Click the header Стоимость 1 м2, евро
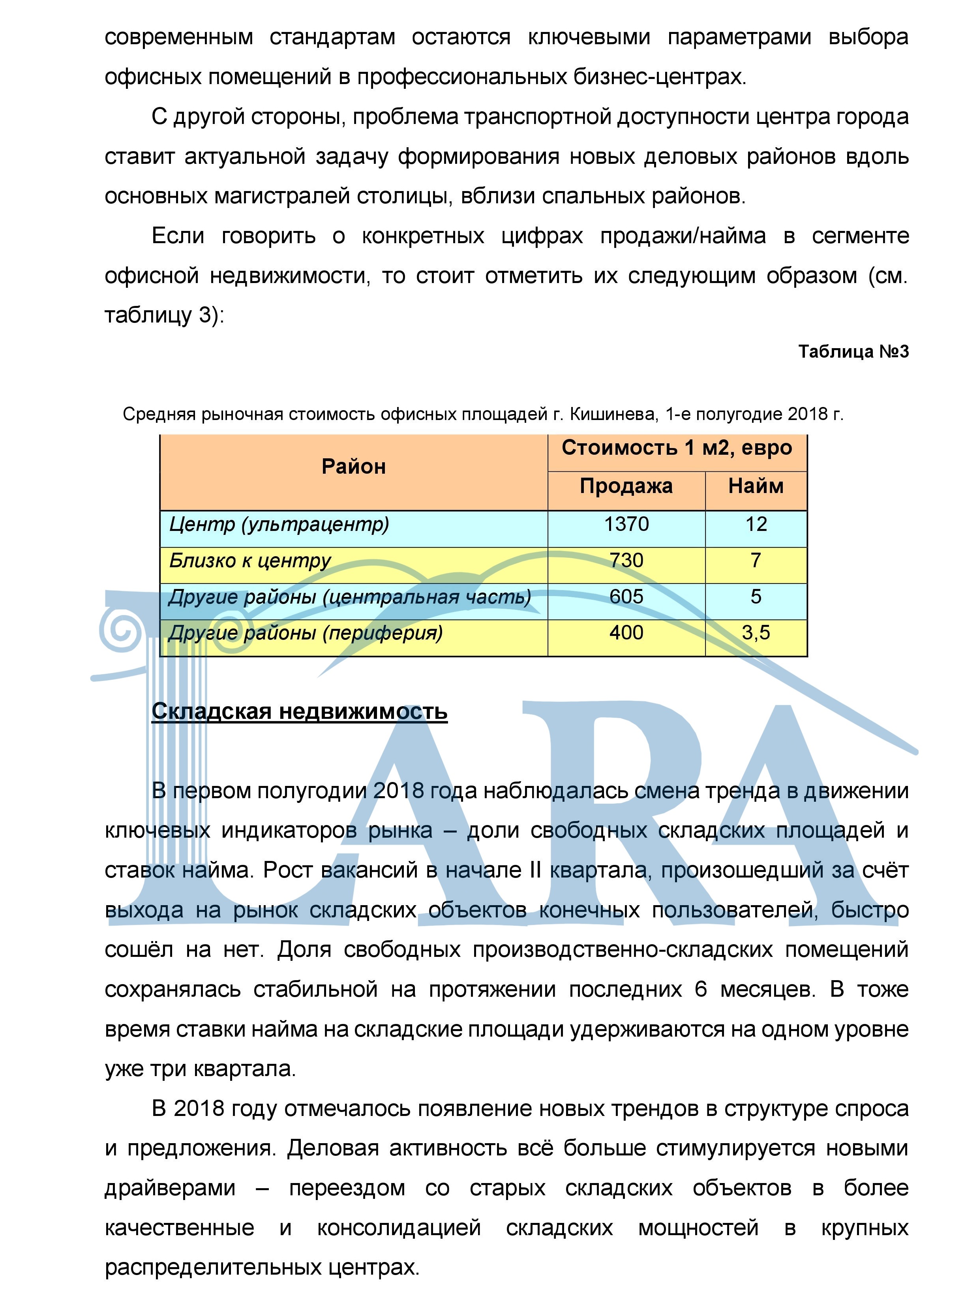click(677, 448)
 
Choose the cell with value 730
click(626, 561)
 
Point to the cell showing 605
click(626, 597)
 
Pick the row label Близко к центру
click(250, 561)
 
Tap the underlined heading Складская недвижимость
click(299, 711)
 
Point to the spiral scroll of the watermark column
click(123, 630)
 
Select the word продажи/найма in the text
click(683, 236)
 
